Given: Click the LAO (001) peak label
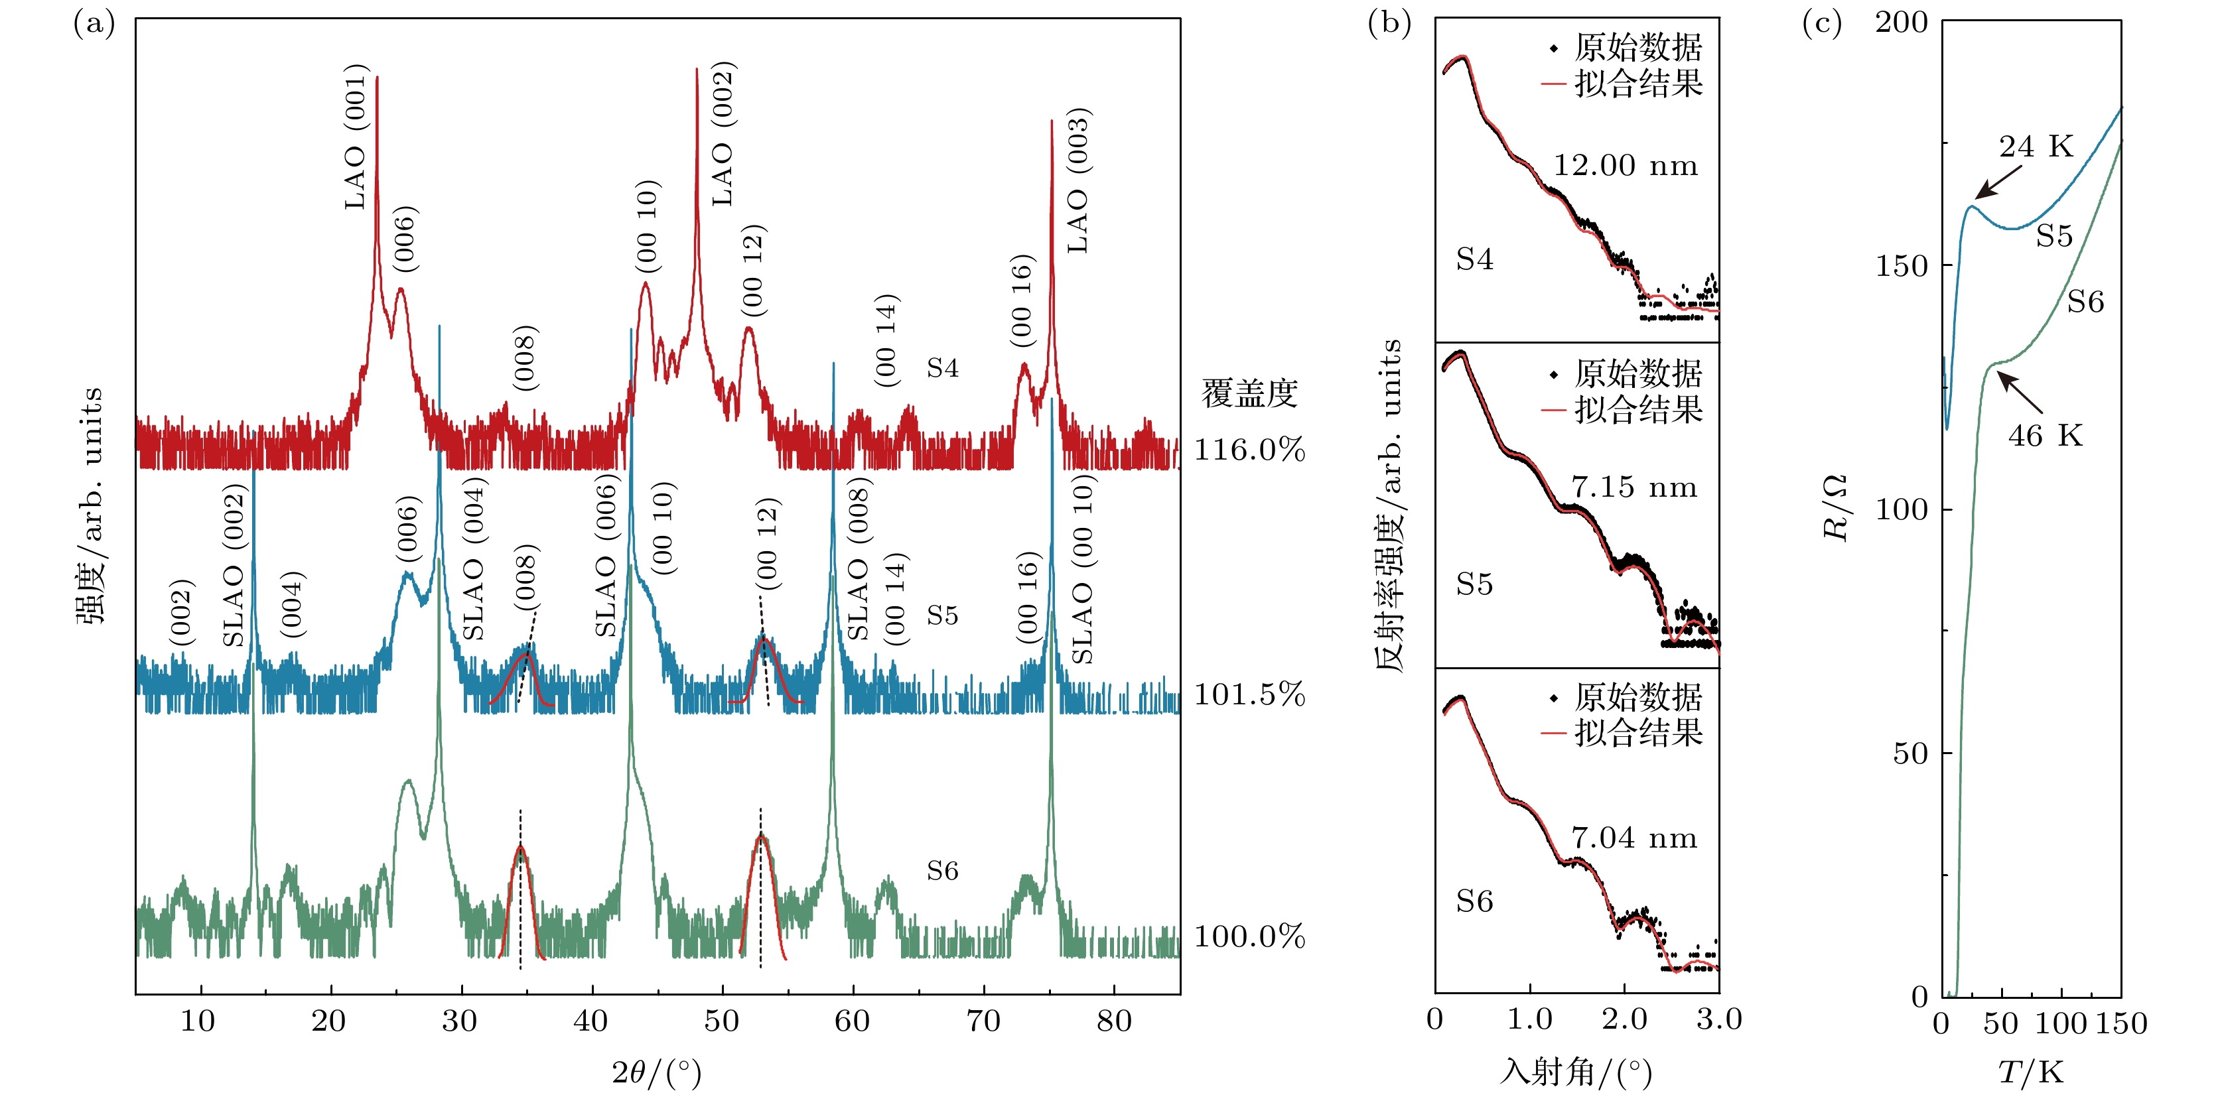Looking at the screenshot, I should tap(356, 136).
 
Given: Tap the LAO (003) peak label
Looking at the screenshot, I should tap(1078, 181).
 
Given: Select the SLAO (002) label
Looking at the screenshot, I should tap(234, 564).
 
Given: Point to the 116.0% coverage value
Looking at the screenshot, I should tap(1249, 450).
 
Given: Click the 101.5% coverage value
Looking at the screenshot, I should tap(1249, 694).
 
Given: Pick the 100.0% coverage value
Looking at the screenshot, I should tap(1249, 936).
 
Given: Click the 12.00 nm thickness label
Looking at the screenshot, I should tap(1626, 165).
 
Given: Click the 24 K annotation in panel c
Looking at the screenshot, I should tap(2036, 147).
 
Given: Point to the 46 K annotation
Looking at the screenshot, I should tap(2045, 436).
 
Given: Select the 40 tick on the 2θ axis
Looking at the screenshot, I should tap(591, 1022).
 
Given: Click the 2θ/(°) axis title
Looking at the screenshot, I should tap(657, 1073).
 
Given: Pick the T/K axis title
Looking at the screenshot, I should tap(2030, 1073).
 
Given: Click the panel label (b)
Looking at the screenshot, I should tap(1389, 23).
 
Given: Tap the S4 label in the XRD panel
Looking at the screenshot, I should tap(942, 369).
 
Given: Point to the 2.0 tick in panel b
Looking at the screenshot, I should tap(1624, 1020).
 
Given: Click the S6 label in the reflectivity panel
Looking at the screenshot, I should tap(1474, 902).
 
